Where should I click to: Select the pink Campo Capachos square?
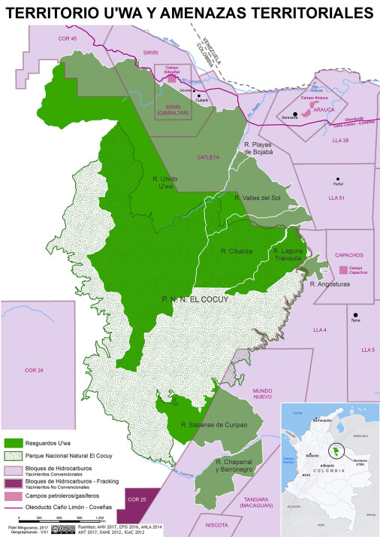point(343,269)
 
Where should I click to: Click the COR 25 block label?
point(136,500)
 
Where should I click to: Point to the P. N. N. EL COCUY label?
point(195,299)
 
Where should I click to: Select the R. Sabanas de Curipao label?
point(216,425)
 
